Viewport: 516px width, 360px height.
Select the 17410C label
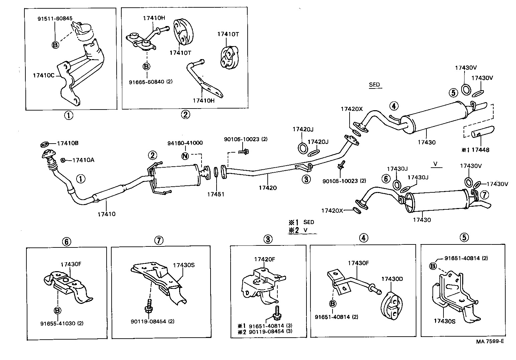pyautogui.click(x=43, y=75)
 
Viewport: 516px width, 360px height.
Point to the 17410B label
pyautogui.click(x=68, y=144)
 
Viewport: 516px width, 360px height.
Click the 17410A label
pyautogui.click(x=83, y=160)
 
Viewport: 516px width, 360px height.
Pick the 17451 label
pyautogui.click(x=216, y=194)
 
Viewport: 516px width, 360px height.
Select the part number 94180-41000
pyautogui.click(x=185, y=143)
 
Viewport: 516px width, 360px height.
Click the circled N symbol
pyautogui.click(x=185, y=155)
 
